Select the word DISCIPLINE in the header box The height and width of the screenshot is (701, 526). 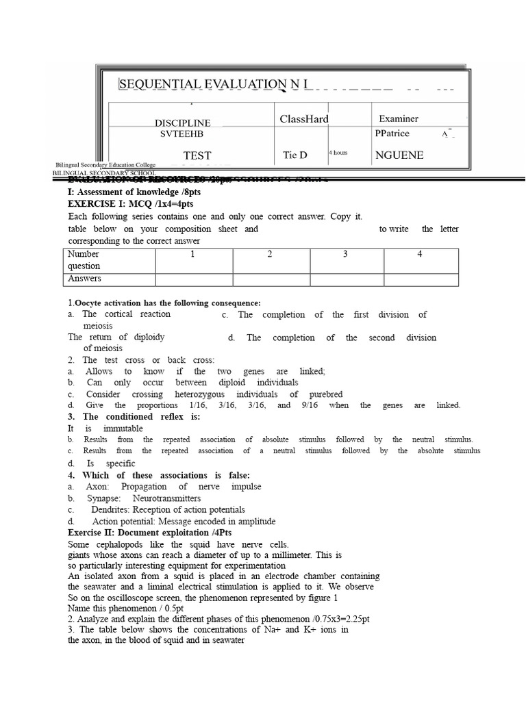[x=182, y=123]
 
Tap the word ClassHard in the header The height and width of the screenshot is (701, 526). [x=304, y=119]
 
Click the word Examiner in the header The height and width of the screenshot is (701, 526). [x=399, y=119]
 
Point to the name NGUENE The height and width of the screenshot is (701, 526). [x=399, y=155]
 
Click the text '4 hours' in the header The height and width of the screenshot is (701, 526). [x=338, y=152]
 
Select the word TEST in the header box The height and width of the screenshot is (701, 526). [x=197, y=155]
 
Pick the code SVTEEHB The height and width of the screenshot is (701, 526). [x=182, y=134]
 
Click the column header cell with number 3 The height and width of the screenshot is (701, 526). [x=345, y=254]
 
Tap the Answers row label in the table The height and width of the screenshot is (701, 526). [x=84, y=279]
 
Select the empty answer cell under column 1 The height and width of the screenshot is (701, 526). [x=193, y=279]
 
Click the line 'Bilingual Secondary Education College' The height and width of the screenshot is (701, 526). [x=105, y=166]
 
